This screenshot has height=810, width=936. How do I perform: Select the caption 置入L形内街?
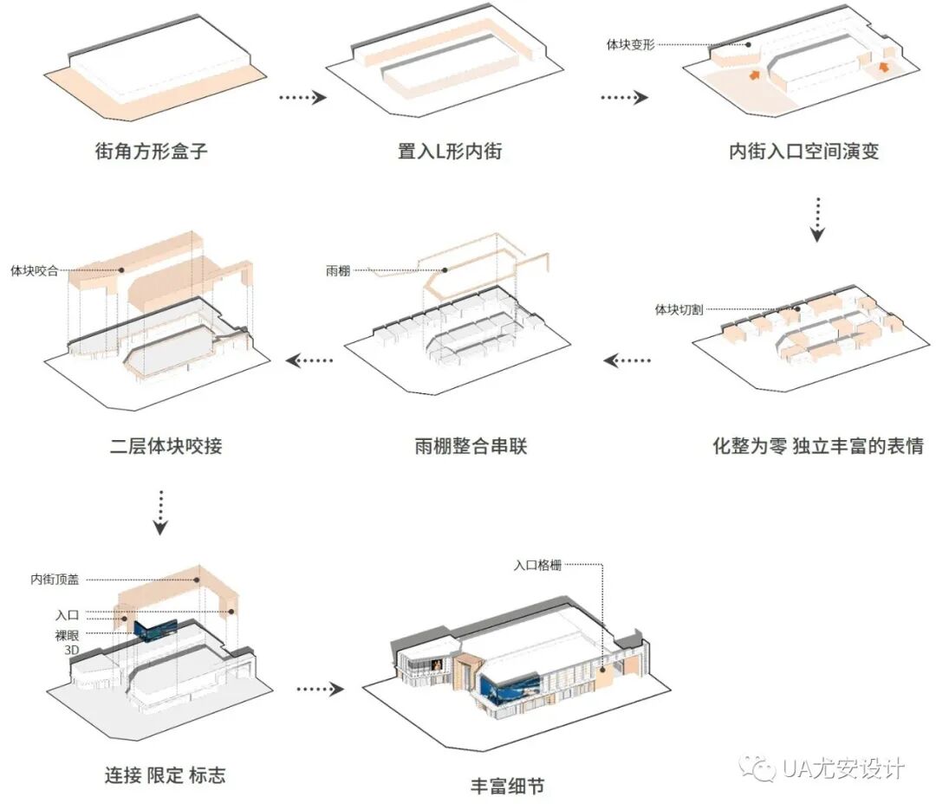click(x=449, y=151)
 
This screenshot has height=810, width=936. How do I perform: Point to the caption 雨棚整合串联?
click(x=470, y=447)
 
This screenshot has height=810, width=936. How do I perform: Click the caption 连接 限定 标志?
click(x=165, y=774)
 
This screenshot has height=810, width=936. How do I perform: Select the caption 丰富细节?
click(x=508, y=787)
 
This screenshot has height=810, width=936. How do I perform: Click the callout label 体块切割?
click(x=679, y=309)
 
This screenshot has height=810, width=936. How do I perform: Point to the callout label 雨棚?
click(x=339, y=271)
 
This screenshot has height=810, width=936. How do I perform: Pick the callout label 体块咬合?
click(x=34, y=270)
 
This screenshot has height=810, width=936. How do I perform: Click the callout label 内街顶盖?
click(x=55, y=579)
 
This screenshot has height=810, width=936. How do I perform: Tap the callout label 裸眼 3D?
click(x=67, y=642)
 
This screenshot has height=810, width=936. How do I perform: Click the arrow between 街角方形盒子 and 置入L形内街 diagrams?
click(x=302, y=97)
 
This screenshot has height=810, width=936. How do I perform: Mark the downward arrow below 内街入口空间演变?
click(x=818, y=219)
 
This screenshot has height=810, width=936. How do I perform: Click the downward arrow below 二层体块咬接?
click(x=161, y=512)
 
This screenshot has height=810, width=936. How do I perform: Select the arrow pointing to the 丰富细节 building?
click(x=320, y=689)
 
